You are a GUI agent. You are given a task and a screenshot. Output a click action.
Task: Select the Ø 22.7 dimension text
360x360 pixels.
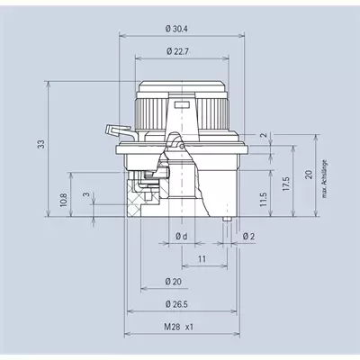click(x=177, y=51)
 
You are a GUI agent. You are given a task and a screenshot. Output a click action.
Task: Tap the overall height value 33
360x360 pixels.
click(x=41, y=144)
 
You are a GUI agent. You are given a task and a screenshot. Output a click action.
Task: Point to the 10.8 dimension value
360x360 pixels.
click(x=64, y=200)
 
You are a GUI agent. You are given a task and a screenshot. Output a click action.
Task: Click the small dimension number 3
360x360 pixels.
click(x=86, y=194)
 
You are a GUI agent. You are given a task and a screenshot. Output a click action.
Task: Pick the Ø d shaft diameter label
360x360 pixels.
click(x=182, y=237)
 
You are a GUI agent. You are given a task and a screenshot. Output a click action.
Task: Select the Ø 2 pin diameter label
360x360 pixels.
click(x=248, y=237)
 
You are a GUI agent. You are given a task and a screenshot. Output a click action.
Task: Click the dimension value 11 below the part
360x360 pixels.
click(x=202, y=258)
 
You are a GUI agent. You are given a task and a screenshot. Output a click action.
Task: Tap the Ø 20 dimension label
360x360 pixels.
click(x=174, y=282)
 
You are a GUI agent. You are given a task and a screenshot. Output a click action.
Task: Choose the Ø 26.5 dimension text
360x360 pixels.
click(x=176, y=304)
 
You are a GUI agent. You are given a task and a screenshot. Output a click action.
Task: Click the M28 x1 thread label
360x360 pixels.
click(x=179, y=327)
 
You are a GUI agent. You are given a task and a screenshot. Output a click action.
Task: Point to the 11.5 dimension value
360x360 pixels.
click(x=263, y=199)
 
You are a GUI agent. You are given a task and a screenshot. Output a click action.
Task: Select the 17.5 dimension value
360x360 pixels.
click(x=285, y=184)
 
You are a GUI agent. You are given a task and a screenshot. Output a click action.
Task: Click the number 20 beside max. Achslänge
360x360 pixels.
click(x=309, y=175)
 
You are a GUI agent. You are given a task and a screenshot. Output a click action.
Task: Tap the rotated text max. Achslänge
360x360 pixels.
click(x=324, y=179)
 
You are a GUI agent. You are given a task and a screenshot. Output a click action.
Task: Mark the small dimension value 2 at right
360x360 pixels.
click(x=264, y=135)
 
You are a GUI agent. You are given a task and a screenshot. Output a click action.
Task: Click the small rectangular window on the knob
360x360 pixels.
click(x=182, y=104)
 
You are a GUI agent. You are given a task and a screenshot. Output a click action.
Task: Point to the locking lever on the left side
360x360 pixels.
click(x=120, y=131)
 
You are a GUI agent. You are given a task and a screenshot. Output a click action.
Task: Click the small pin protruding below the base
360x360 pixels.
click(x=227, y=219)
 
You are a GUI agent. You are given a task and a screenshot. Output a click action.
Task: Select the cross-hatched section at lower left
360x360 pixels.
click(x=133, y=198)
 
